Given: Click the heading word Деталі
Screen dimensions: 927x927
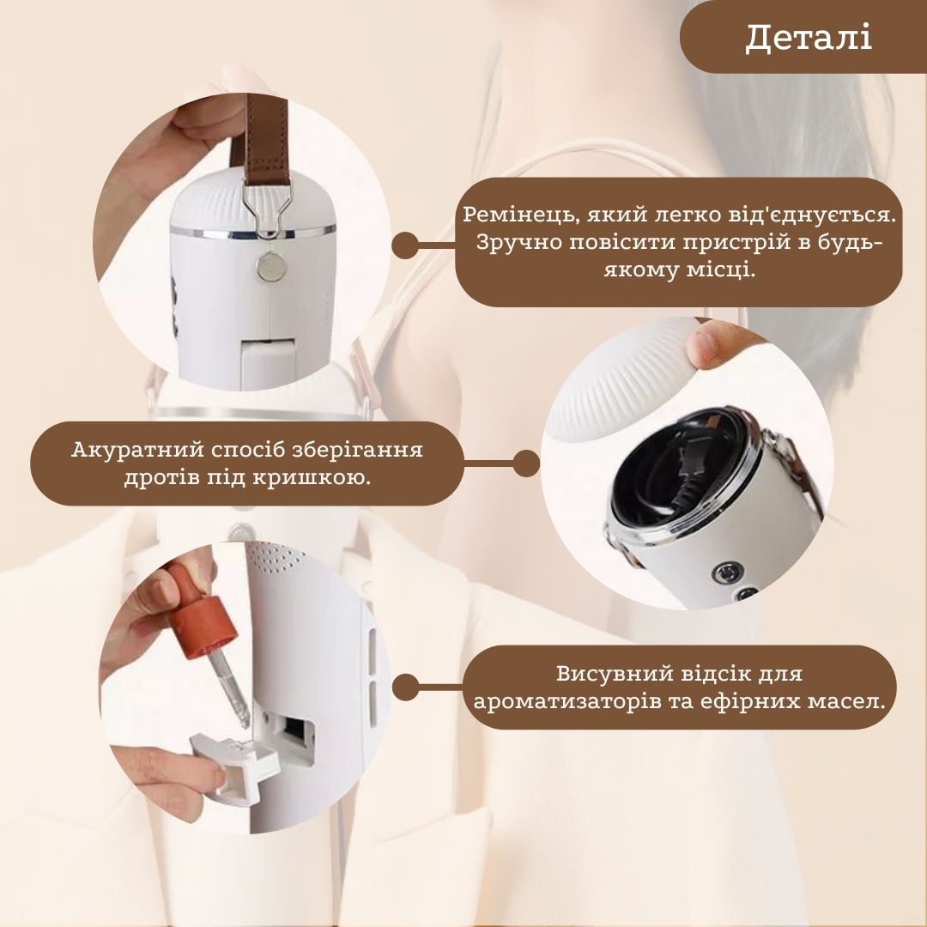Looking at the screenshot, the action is [809, 38].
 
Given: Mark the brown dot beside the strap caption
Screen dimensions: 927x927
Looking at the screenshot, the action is [405, 245].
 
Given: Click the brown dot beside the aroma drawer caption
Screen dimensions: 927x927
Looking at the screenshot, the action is [405, 687].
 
